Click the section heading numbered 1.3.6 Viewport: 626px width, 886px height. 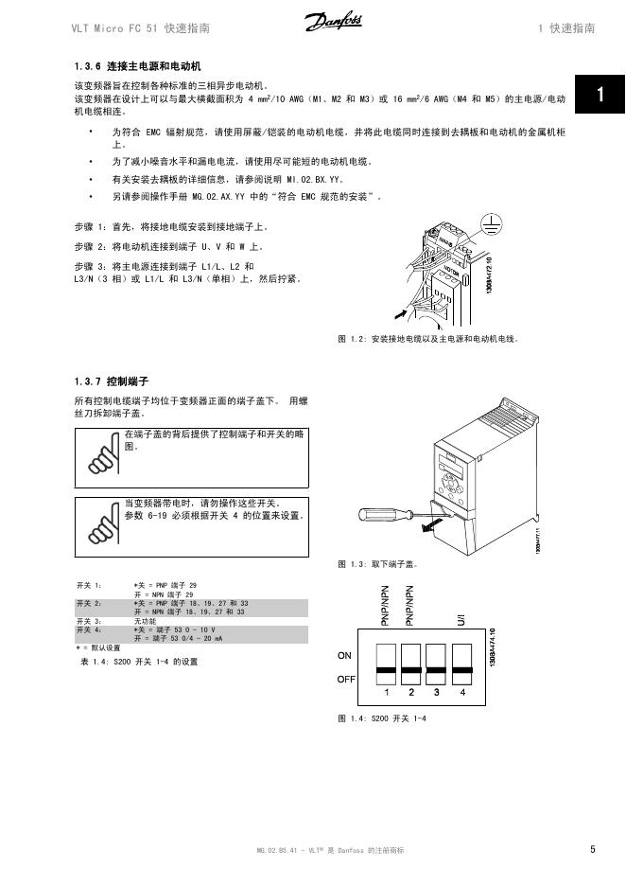pos(138,67)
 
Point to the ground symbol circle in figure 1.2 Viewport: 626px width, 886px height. pos(490,223)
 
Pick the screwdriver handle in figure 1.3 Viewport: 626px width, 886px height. pos(373,515)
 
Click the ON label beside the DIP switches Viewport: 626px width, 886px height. pos(344,655)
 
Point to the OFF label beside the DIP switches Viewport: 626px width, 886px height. pos(346,680)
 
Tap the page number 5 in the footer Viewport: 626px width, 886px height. pos(593,849)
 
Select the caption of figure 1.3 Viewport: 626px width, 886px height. pos(378,564)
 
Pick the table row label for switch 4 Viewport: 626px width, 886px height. pos(89,629)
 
